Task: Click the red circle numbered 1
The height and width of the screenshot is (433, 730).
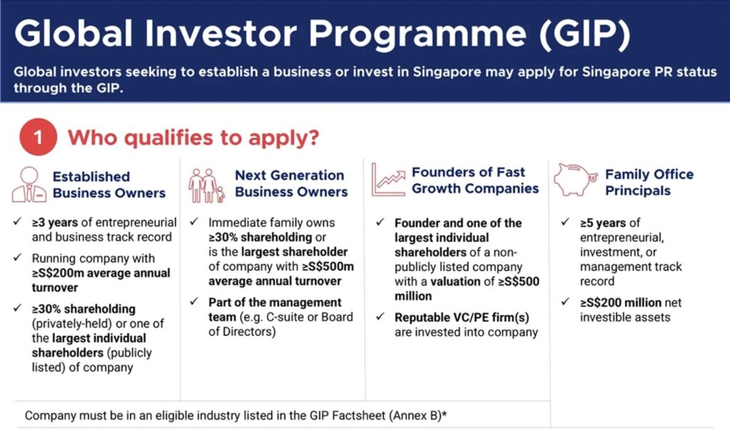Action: [38, 137]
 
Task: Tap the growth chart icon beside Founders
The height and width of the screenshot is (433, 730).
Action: [389, 179]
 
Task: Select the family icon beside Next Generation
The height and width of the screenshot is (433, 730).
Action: [206, 186]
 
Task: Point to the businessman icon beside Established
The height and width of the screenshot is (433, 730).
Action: [29, 184]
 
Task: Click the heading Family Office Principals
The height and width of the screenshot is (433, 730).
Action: [649, 182]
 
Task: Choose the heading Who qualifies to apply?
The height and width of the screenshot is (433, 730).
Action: [194, 137]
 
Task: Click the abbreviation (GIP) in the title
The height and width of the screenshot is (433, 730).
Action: [585, 33]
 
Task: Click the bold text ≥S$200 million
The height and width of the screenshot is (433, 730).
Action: [621, 303]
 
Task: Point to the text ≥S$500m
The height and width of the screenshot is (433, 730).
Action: [328, 266]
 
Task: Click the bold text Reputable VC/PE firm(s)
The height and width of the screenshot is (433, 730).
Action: [462, 318]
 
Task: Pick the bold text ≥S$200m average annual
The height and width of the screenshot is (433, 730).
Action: [101, 273]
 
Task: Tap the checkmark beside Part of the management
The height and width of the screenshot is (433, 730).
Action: [194, 302]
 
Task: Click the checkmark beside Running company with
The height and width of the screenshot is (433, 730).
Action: [18, 257]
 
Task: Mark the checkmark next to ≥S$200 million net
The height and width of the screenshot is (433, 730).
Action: [565, 302]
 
